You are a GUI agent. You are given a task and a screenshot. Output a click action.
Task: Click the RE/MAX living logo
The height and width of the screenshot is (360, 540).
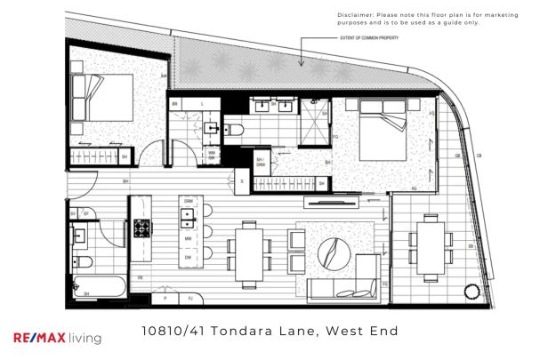point(57,337)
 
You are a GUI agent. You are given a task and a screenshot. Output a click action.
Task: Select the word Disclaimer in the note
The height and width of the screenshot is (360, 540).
point(356,15)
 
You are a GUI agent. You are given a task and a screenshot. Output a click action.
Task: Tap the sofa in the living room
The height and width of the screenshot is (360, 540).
point(343,287)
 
